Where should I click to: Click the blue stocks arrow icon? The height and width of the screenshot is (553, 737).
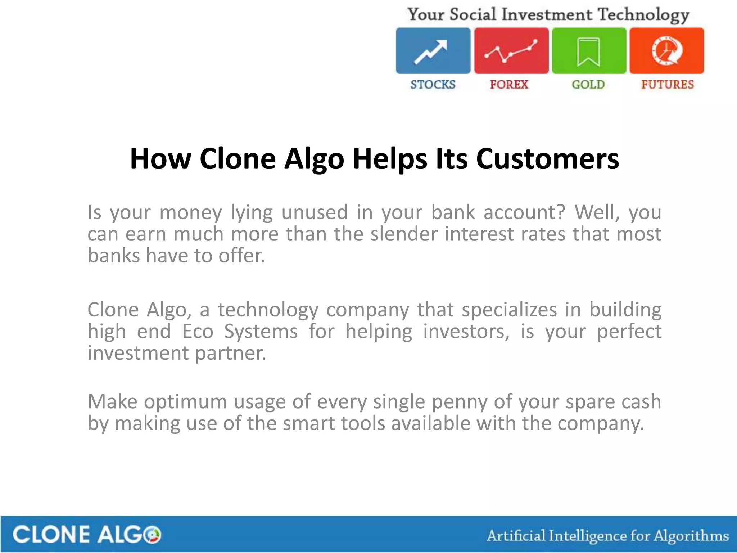pos(433,51)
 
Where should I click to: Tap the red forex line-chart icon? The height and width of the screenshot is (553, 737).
pos(511,51)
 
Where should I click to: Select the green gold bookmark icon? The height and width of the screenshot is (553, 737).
pos(589,51)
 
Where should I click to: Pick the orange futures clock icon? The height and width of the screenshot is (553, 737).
pos(666,51)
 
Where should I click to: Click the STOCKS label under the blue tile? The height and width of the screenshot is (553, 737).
pos(433,85)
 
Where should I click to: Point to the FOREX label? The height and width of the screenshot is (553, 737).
pos(509,85)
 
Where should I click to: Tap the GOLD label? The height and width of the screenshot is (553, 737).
pos(588,85)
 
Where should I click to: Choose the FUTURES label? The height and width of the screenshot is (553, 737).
pos(668,85)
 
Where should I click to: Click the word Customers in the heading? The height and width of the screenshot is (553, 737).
pos(547,159)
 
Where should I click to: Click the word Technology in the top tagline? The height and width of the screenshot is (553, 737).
pos(643,15)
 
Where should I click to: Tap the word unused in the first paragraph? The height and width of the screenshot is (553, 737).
pos(314,212)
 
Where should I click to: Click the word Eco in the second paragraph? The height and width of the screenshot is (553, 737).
pos(198,331)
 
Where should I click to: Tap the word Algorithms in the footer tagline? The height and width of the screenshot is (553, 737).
pos(691,536)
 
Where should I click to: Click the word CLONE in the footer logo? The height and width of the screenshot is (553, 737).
pos(51,535)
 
